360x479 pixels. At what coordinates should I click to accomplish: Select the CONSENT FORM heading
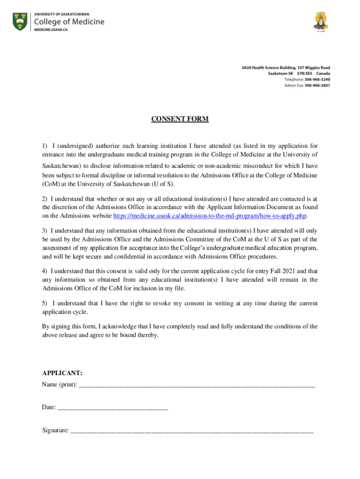click(x=180, y=119)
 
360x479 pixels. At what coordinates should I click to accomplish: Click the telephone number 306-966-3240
click(x=317, y=80)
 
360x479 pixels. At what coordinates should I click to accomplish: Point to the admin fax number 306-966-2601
click(x=317, y=86)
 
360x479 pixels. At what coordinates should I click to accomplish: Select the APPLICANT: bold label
click(x=62, y=373)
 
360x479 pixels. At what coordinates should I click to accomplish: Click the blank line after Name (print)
click(x=197, y=385)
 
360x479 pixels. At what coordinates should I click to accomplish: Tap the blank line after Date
click(x=112, y=408)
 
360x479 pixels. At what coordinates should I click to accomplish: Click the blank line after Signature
click(x=192, y=431)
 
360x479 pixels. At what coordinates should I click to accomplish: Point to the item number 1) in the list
click(x=45, y=146)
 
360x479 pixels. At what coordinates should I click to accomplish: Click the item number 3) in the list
click(x=45, y=231)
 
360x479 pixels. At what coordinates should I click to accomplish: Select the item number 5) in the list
click(x=45, y=304)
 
